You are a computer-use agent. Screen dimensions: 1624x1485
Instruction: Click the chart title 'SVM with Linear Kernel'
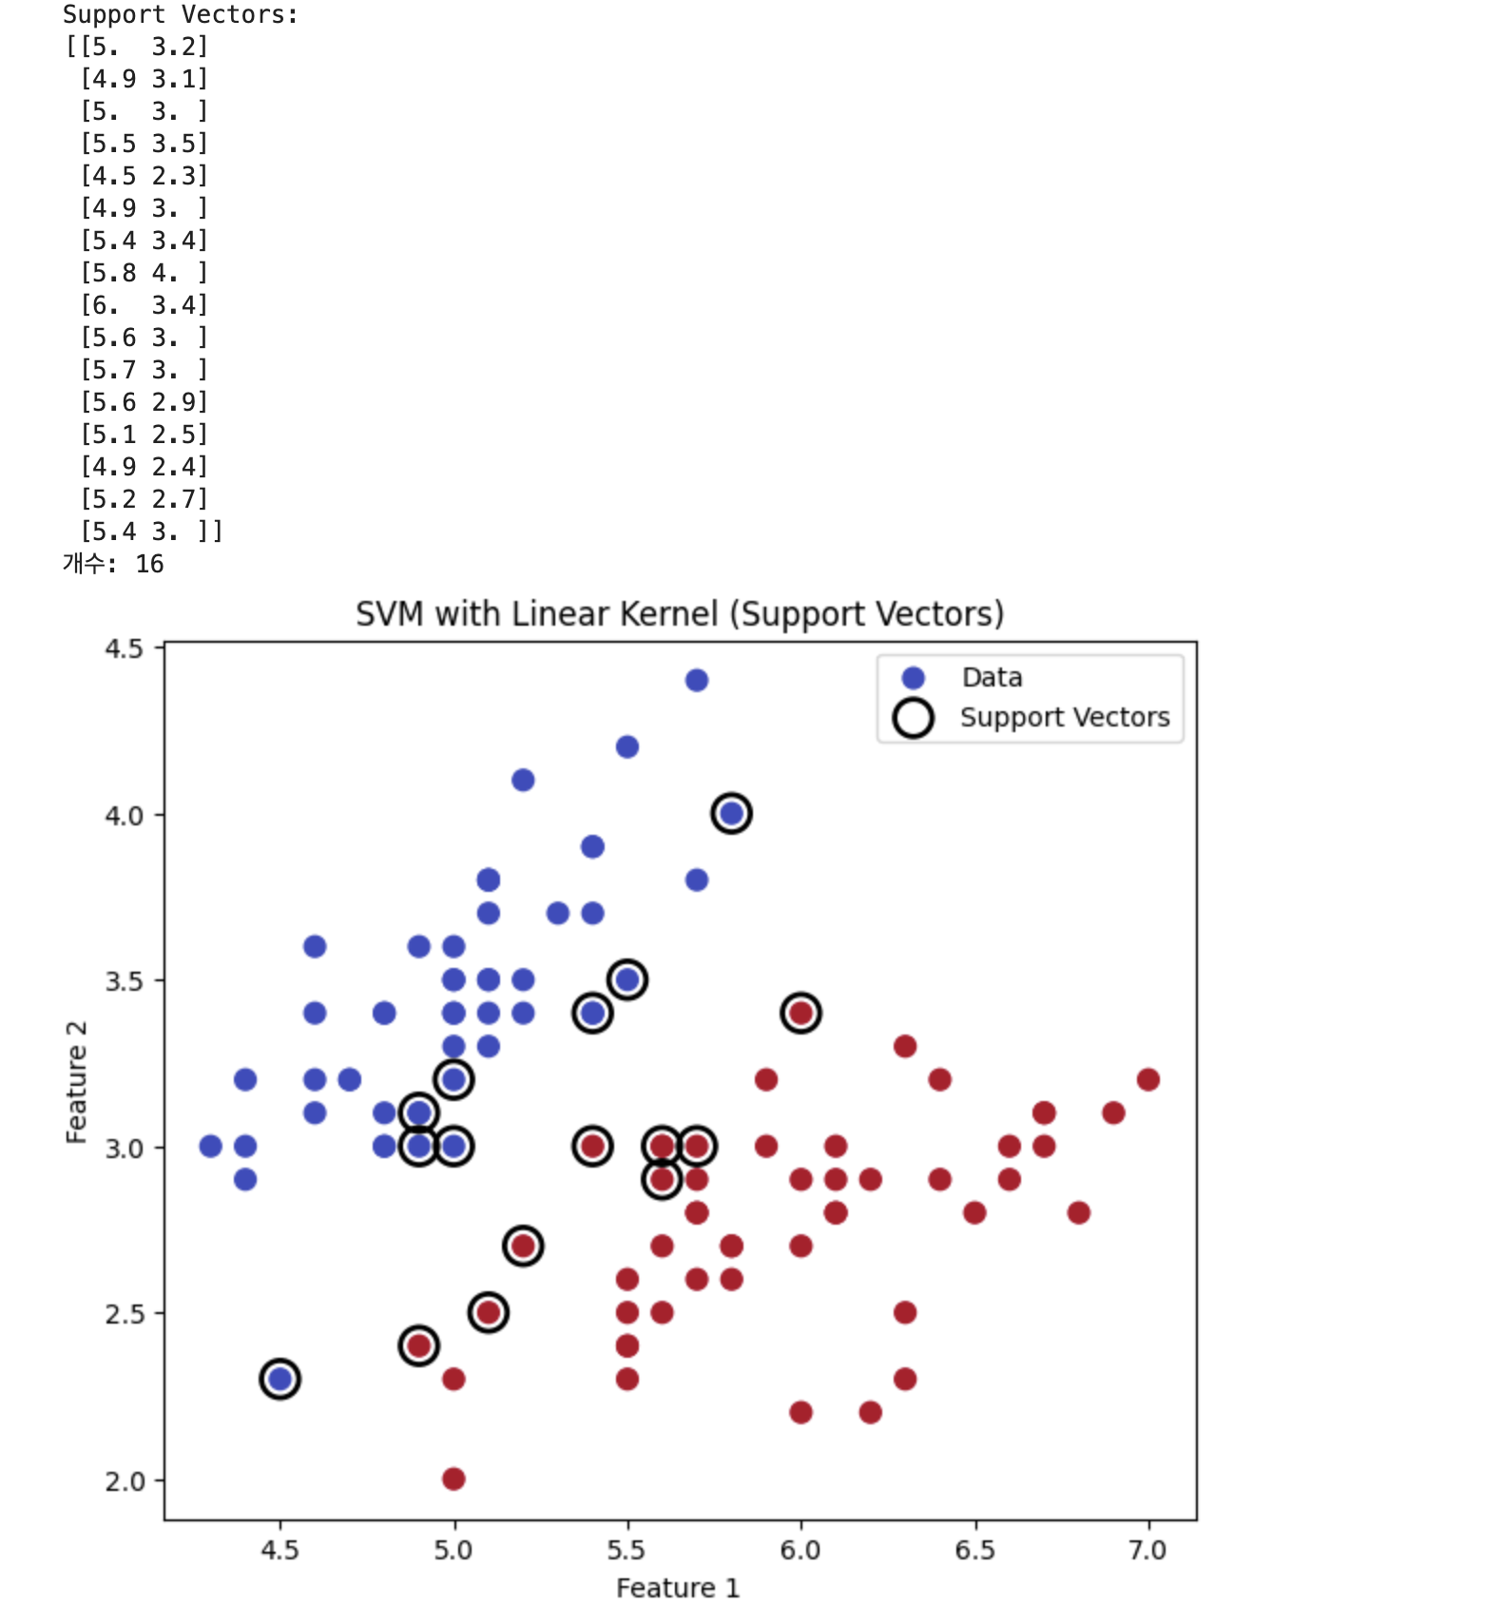coord(679,614)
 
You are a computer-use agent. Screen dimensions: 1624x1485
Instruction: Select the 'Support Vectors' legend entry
coord(1064,717)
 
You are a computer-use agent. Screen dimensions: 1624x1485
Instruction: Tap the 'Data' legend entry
coord(992,677)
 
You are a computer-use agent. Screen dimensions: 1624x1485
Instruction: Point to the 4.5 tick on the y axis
coord(124,648)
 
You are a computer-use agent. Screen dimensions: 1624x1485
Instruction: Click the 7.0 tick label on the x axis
coord(1147,1551)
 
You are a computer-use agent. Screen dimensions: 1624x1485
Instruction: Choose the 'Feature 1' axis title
coord(677,1588)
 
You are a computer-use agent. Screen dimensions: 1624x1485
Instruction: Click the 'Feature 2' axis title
coord(76,1081)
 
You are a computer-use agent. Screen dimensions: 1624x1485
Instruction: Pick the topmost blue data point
coord(696,680)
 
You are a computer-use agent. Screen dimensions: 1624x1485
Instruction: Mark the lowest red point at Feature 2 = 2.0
coord(453,1479)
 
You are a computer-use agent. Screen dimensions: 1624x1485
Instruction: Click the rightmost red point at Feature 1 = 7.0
coord(1147,1079)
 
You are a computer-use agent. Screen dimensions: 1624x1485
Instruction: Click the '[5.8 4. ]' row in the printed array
coord(144,273)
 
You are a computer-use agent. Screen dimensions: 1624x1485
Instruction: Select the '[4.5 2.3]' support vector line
coord(144,176)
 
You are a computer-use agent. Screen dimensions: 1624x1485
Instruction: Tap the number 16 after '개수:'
coord(149,564)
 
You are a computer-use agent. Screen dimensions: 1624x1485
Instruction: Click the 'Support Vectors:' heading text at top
coord(180,14)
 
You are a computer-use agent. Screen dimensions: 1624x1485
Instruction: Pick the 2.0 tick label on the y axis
coord(124,1481)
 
